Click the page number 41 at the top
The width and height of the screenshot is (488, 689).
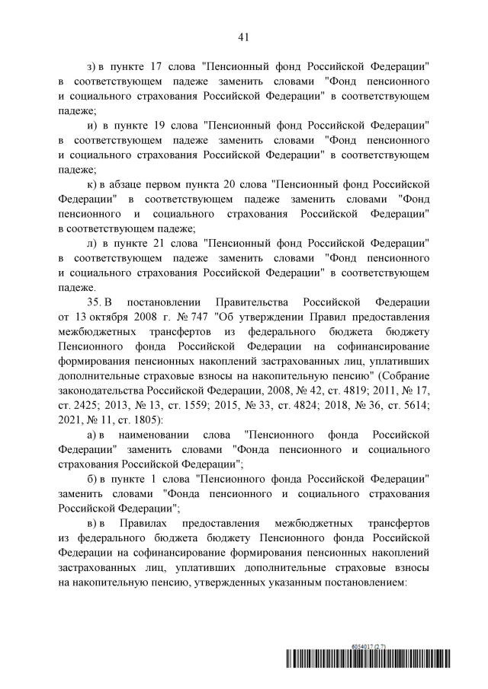(x=244, y=37)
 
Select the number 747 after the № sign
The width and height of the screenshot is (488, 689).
(x=184, y=315)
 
